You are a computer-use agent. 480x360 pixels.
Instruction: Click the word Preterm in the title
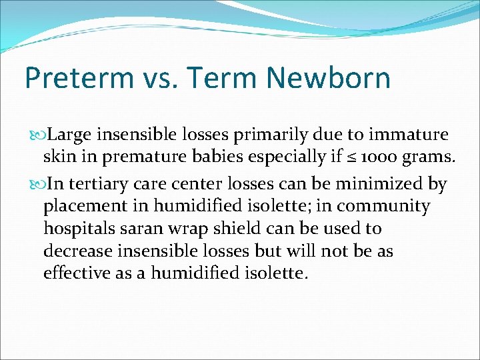click(x=79, y=78)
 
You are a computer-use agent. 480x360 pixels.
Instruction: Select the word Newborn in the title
click(x=328, y=78)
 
